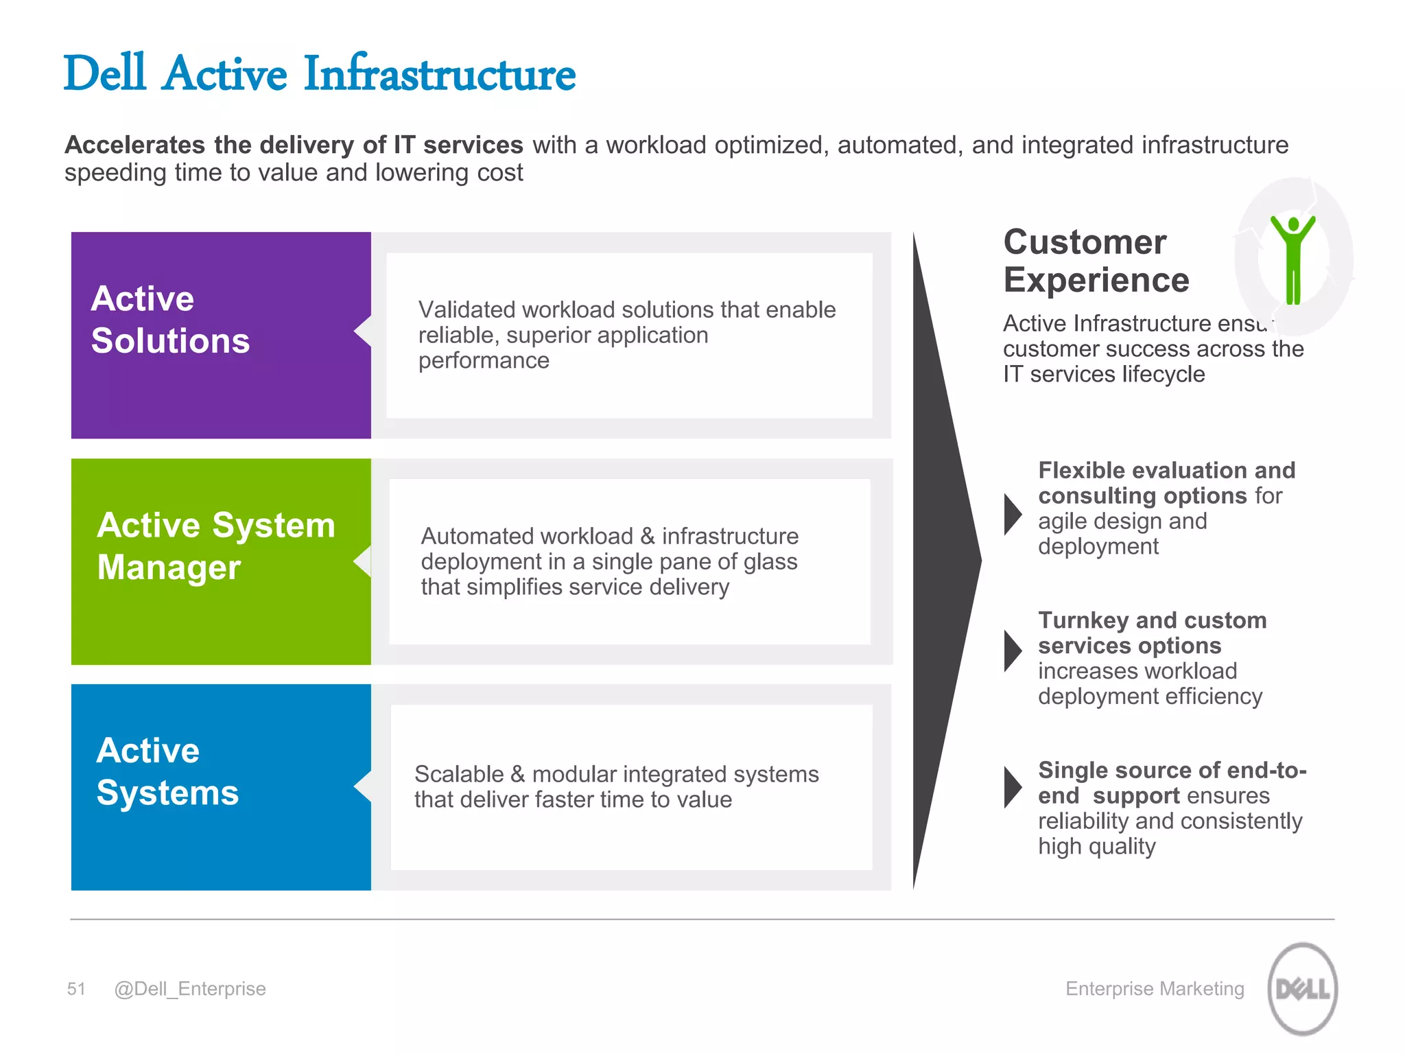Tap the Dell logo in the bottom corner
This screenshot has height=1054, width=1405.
(1302, 988)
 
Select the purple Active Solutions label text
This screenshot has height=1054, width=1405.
(170, 320)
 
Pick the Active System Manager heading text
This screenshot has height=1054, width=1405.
(215, 546)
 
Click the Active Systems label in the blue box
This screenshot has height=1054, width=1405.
(167, 771)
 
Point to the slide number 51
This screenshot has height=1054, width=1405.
(76, 989)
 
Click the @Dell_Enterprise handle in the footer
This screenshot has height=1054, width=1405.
(190, 989)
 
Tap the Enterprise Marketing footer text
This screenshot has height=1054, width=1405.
(1155, 989)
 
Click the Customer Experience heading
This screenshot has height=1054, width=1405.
(1096, 261)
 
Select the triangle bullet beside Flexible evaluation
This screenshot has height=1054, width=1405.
(1012, 514)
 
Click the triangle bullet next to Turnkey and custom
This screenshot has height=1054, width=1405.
(1012, 651)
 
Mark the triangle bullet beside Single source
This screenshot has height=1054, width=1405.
(1012, 787)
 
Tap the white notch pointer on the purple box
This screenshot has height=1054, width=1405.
(364, 331)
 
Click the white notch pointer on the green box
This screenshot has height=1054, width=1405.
(363, 561)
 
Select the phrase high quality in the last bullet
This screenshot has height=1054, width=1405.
(1096, 847)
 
